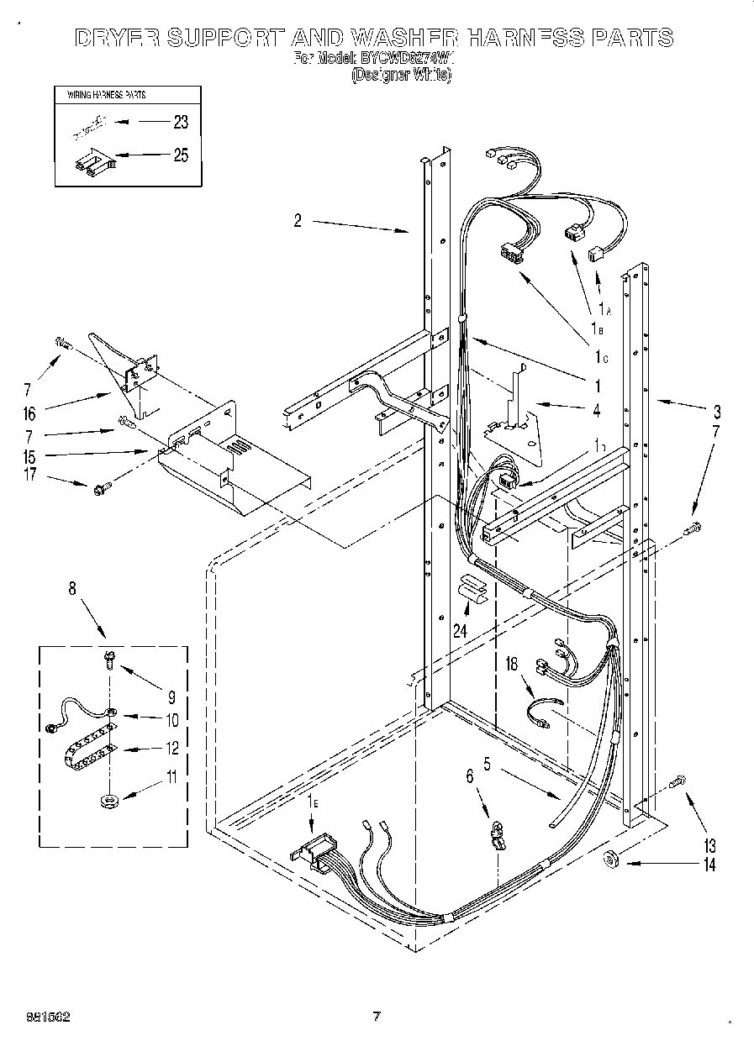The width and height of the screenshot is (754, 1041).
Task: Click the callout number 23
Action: click(x=180, y=123)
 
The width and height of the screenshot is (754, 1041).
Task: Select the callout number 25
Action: click(x=180, y=155)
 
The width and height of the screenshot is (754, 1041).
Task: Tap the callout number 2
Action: click(x=298, y=221)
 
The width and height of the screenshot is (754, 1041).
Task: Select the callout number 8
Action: click(x=73, y=589)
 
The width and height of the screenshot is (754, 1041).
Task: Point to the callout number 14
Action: click(x=709, y=865)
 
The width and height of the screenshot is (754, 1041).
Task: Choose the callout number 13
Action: click(x=709, y=844)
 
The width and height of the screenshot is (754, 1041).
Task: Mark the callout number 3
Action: click(x=716, y=412)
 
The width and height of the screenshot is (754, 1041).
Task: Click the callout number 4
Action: click(x=596, y=411)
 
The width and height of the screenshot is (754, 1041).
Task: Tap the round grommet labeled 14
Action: click(x=611, y=859)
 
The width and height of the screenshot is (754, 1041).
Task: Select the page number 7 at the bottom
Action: click(x=377, y=1017)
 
